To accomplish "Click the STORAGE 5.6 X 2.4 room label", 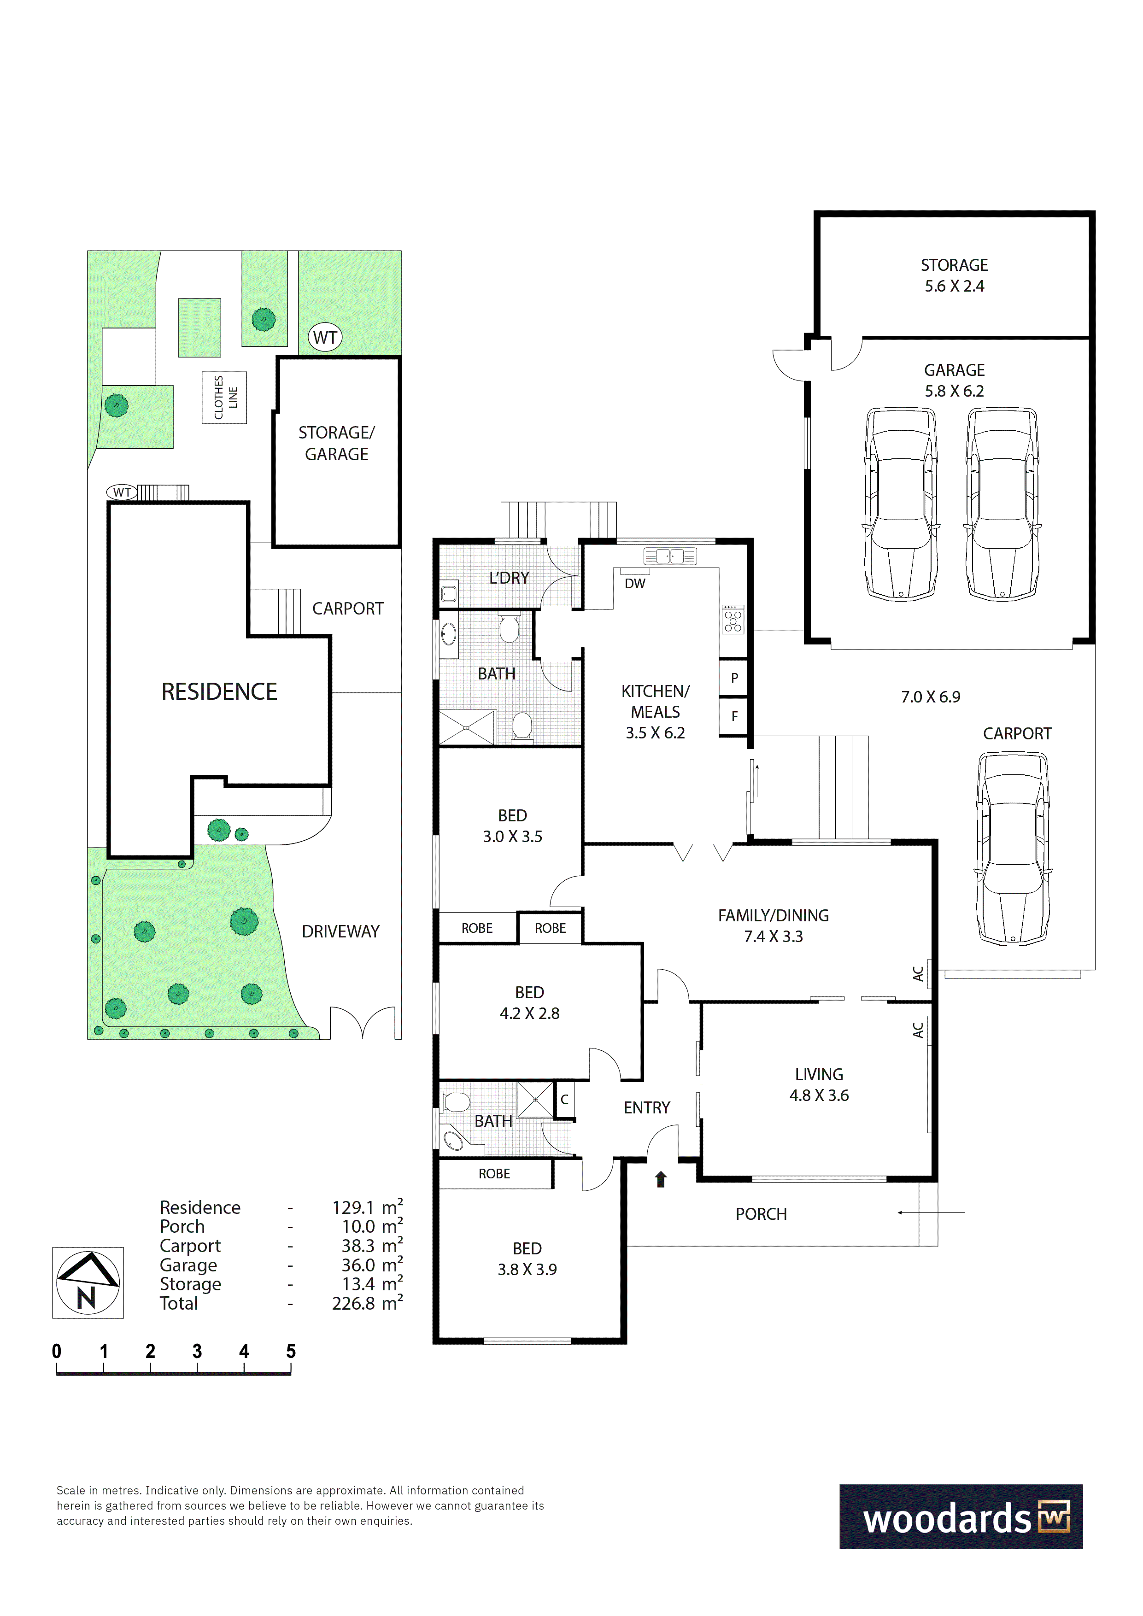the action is click(955, 275).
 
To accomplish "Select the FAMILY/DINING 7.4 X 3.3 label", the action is click(774, 925).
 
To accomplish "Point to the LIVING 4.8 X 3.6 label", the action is click(819, 1084).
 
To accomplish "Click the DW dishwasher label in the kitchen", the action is click(635, 584).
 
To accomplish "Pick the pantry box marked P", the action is click(733, 678).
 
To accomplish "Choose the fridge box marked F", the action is click(733, 716).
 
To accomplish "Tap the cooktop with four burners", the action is click(733, 620).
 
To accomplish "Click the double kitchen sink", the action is click(670, 556).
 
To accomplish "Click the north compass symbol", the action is click(88, 1282).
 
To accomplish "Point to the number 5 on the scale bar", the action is click(291, 1351).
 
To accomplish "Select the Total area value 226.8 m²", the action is click(367, 1304).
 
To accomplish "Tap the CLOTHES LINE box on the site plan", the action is click(224, 398).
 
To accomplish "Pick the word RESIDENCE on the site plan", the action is click(220, 692).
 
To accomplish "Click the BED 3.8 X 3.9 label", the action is click(527, 1259).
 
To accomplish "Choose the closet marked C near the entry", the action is click(564, 1100).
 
